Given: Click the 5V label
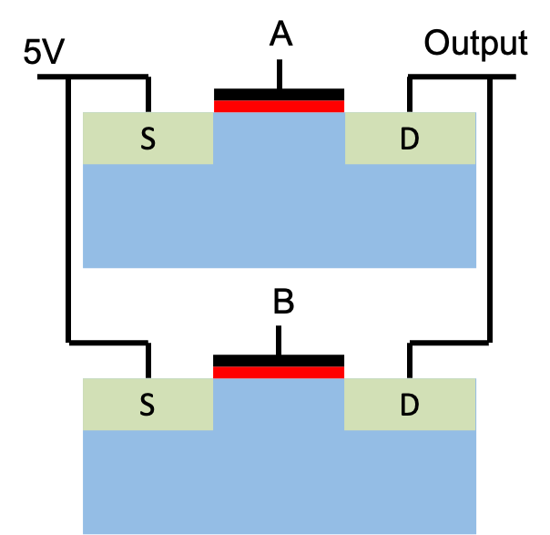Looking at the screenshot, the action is [44, 51].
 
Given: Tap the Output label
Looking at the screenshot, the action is [475, 44].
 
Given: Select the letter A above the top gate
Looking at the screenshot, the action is [280, 34].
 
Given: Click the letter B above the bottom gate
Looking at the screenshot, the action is [283, 301].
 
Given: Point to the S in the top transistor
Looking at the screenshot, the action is [148, 139].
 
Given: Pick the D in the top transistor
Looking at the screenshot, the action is [410, 139].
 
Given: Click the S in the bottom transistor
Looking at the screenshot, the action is [148, 405].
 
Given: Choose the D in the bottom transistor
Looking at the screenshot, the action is [410, 405].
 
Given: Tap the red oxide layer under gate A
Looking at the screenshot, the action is [279, 107].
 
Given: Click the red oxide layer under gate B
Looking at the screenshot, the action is [279, 373].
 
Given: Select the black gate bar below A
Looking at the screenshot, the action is [279, 95].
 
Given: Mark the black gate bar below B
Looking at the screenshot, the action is [279, 361].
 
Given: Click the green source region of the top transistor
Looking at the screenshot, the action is [148, 138].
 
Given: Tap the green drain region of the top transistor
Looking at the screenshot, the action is [410, 138].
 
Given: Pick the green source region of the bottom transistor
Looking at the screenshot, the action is [148, 404].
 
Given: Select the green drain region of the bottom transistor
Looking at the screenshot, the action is [410, 404].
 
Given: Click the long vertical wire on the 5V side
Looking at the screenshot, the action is [68, 210].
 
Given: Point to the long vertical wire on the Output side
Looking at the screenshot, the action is [490, 210].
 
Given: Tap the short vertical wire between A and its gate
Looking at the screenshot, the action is [280, 74].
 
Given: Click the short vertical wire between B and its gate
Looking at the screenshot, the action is [279, 340].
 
